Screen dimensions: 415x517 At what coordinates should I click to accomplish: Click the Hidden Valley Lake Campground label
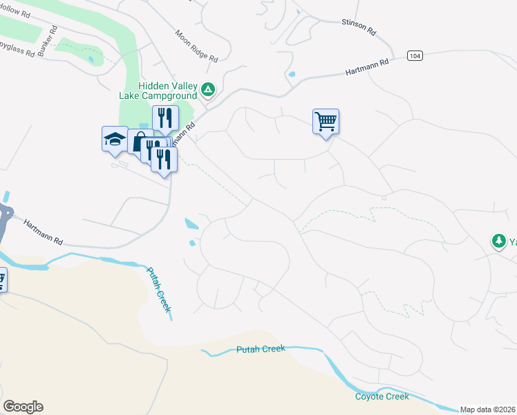[158, 90]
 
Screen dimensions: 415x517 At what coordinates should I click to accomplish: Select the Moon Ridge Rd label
[196, 46]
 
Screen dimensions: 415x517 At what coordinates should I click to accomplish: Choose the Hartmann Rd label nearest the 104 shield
[366, 67]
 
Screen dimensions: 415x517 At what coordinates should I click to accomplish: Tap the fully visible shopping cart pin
[326, 122]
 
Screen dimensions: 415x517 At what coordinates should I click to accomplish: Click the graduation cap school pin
[114, 139]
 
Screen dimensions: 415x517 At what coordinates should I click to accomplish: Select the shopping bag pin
[139, 142]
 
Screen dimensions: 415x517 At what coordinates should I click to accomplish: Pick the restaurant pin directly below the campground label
[165, 118]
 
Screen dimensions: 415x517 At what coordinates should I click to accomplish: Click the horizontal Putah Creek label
[260, 349]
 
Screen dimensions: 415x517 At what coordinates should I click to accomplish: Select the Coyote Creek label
[382, 396]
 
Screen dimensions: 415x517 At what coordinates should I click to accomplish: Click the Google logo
[23, 407]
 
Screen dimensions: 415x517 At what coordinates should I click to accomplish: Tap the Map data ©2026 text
[488, 409]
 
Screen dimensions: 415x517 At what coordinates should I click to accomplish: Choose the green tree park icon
[498, 241]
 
